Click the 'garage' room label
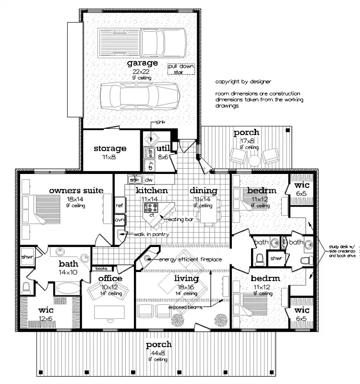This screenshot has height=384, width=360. (142, 63)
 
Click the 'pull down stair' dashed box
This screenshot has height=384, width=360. (181, 69)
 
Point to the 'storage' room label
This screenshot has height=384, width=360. (110, 149)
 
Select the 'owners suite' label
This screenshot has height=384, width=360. (76, 191)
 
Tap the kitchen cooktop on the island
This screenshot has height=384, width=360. (152, 208)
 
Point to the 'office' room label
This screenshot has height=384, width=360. (110, 278)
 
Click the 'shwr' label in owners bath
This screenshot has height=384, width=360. (26, 257)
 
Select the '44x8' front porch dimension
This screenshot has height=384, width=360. (158, 352)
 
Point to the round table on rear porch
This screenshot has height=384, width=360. (255, 159)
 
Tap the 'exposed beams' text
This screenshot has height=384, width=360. (184, 306)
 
